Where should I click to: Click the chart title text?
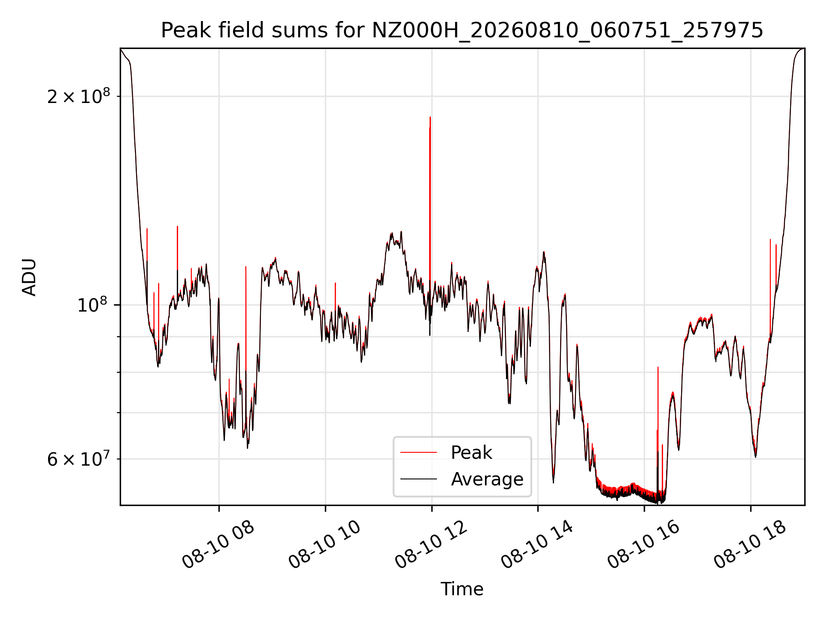tap(462, 30)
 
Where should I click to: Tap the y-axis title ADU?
tap(29, 277)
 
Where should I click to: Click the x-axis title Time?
tap(462, 589)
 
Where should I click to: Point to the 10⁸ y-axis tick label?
tap(92, 305)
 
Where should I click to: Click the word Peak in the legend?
tap(471, 453)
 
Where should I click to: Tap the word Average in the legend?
tap(487, 479)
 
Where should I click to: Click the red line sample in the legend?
tap(418, 452)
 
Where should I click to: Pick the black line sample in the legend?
tap(418, 479)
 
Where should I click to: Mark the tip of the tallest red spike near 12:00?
tap(430, 117)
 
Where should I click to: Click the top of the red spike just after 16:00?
tap(658, 367)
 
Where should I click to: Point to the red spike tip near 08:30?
tap(245, 267)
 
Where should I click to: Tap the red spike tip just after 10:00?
tap(335, 283)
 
